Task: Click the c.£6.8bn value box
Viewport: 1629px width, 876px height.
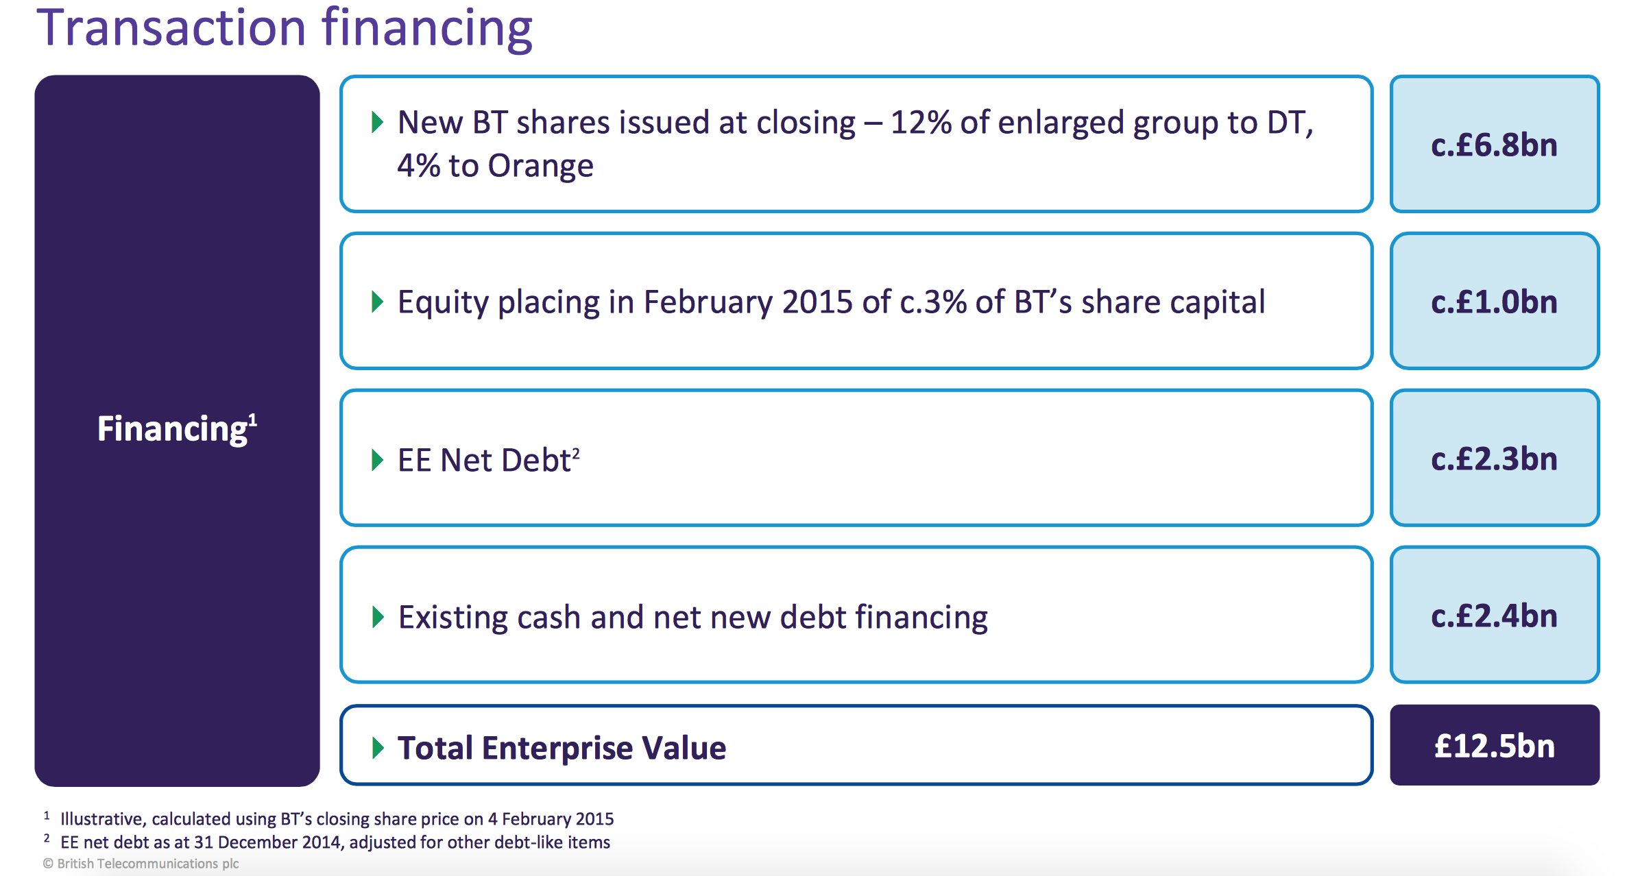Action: pos(1495,144)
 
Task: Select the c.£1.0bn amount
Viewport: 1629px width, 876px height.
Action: pos(1495,302)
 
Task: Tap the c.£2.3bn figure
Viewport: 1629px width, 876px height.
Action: pos(1495,459)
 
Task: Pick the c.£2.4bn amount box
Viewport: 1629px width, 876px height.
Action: pos(1495,615)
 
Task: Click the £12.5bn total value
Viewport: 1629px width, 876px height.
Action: pos(1495,746)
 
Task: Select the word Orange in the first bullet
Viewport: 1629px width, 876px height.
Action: pos(540,167)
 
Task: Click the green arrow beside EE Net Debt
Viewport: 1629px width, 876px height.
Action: pos(377,460)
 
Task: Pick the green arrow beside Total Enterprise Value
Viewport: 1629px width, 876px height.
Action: pos(377,748)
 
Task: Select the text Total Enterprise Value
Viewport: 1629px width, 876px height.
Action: pos(562,748)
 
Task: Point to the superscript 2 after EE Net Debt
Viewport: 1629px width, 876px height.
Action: pos(576,452)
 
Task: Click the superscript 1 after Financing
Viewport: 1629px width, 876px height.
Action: pos(252,419)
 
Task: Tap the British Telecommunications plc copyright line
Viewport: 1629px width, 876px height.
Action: pos(141,864)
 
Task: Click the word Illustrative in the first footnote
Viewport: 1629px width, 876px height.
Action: pos(101,819)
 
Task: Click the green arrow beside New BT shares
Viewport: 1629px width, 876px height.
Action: pos(377,123)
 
